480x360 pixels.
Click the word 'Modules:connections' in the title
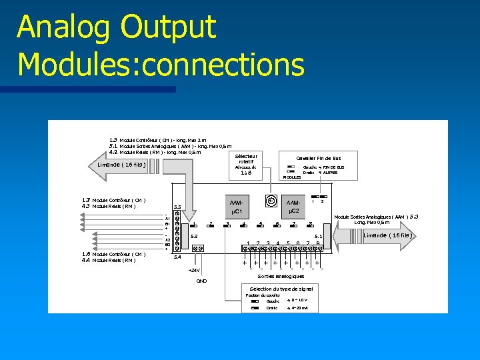(161, 65)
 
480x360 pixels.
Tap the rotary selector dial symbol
(271, 199)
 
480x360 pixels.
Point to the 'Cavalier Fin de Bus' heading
(318, 158)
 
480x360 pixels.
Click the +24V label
(193, 270)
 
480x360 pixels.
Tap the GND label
(201, 281)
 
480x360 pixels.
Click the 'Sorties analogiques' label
(281, 275)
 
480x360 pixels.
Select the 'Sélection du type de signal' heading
(281, 288)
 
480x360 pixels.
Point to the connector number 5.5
(177, 207)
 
